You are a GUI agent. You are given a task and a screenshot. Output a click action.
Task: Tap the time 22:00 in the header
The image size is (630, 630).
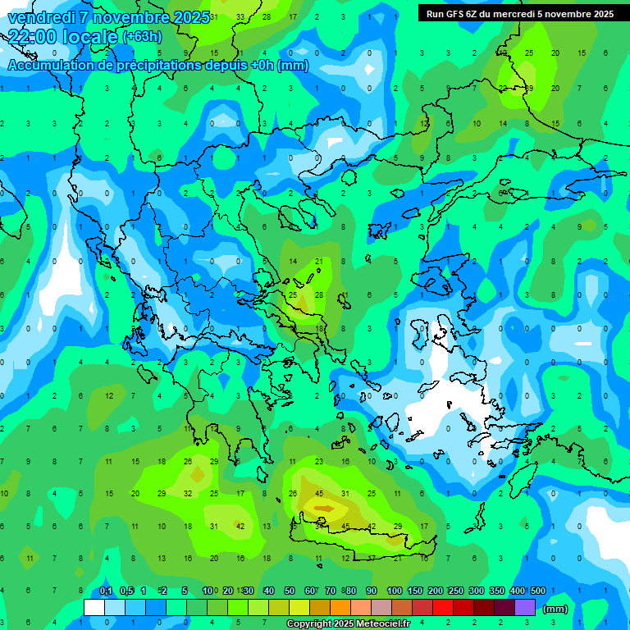[x=33, y=36]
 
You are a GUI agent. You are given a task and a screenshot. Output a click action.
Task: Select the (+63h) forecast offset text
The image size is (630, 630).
[x=142, y=37]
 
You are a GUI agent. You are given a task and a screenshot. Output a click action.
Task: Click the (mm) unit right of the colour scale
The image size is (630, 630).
[x=555, y=609]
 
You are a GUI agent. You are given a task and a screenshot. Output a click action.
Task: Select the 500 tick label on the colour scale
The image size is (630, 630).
[x=538, y=591]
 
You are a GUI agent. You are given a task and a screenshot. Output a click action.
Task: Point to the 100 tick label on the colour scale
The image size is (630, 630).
[x=395, y=591]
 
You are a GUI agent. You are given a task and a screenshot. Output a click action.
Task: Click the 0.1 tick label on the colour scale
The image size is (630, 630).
[x=106, y=591]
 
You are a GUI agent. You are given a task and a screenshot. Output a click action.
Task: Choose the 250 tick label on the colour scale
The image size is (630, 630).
[x=456, y=591]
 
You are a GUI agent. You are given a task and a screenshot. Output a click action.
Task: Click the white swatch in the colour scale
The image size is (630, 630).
[x=94, y=608]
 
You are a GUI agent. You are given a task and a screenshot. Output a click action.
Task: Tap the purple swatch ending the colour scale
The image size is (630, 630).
[x=525, y=608]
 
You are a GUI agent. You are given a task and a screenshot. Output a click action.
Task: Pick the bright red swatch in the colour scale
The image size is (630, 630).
[x=443, y=608]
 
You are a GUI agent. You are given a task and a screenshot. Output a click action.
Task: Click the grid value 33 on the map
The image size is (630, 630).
[x=240, y=16]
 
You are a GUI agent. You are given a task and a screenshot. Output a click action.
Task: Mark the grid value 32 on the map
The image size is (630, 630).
[x=188, y=494]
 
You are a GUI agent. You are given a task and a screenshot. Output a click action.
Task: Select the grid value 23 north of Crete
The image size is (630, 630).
[x=319, y=462]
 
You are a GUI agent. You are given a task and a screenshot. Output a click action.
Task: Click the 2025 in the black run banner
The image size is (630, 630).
[x=603, y=14]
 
